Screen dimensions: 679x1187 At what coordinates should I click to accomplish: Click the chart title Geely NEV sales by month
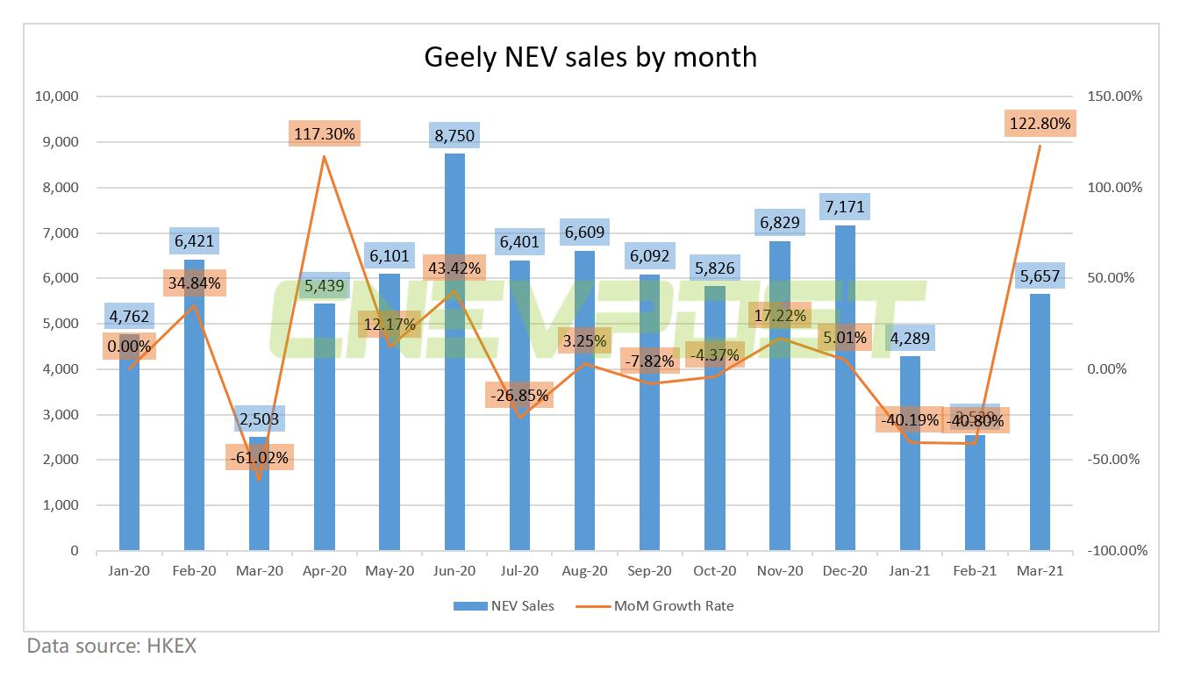click(590, 56)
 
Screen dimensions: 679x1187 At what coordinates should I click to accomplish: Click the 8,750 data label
click(454, 137)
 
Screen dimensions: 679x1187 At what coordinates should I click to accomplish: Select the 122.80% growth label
click(1040, 124)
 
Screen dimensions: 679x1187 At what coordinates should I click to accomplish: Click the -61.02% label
click(259, 458)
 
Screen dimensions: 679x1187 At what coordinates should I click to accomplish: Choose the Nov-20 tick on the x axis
click(780, 570)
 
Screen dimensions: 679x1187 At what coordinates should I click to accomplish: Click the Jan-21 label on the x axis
click(910, 570)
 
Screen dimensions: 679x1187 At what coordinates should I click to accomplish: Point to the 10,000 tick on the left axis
click(56, 96)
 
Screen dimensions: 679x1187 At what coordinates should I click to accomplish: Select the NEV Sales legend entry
click(504, 605)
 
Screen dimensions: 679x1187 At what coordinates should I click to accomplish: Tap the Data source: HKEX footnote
click(111, 647)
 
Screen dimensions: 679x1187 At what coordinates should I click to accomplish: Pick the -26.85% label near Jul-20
click(519, 396)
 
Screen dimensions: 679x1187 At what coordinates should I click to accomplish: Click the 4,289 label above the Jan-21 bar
click(910, 338)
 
